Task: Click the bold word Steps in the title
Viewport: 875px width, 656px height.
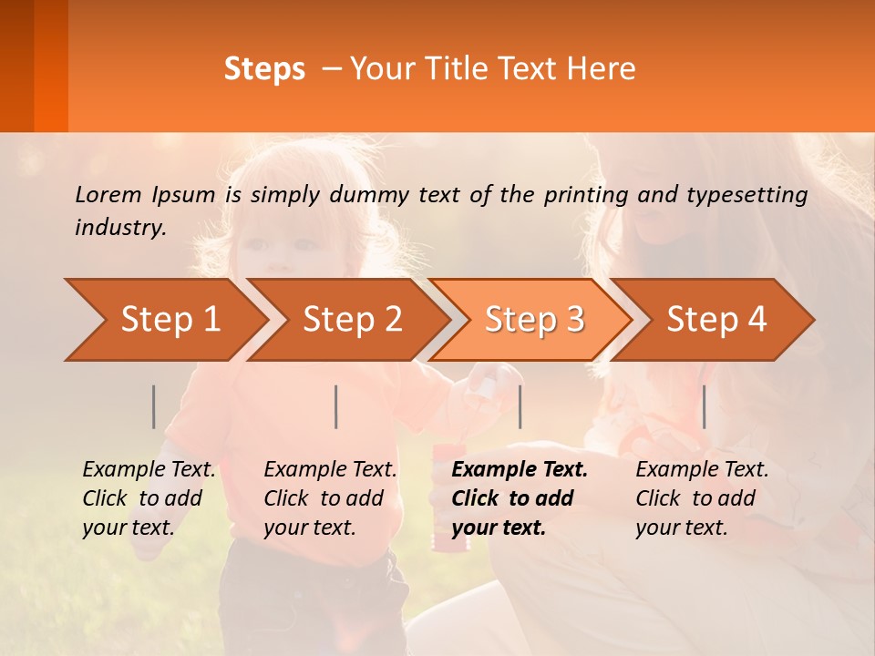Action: [264, 69]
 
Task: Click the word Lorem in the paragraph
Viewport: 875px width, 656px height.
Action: [108, 194]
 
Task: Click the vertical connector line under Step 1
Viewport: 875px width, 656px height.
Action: [153, 406]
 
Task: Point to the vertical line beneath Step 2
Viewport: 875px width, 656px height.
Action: [335, 406]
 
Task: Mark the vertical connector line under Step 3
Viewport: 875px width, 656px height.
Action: [520, 406]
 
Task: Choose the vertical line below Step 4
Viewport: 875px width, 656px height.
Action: [704, 406]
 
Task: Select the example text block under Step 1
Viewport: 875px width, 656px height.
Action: [149, 498]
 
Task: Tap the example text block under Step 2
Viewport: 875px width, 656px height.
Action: [330, 498]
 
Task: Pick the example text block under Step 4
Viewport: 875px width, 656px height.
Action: [702, 498]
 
